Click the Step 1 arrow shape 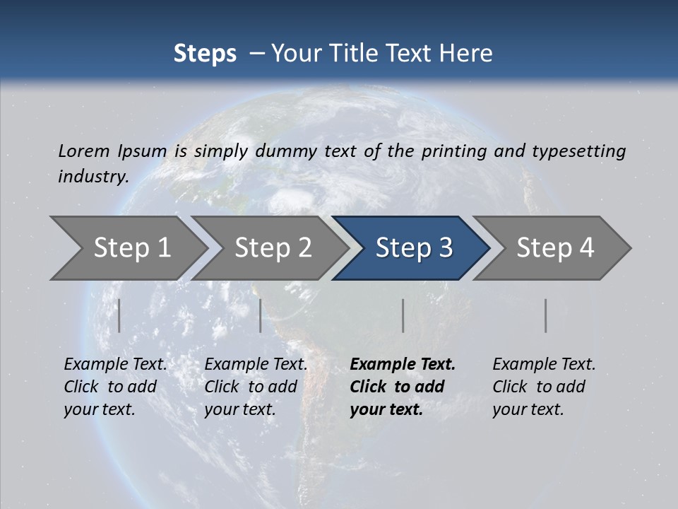pyautogui.click(x=131, y=248)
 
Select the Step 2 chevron pyautogui.click(x=272, y=248)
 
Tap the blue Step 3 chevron pyautogui.click(x=413, y=248)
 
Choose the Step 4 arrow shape pyautogui.click(x=554, y=248)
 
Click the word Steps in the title pyautogui.click(x=205, y=54)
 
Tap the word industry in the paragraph pyautogui.click(x=93, y=177)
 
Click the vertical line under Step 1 pyautogui.click(x=119, y=315)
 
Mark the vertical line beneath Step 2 pyautogui.click(x=261, y=315)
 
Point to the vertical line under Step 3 pyautogui.click(x=403, y=315)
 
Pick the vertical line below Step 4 pyautogui.click(x=546, y=315)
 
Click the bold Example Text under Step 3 pyautogui.click(x=403, y=365)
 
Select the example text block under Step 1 pyautogui.click(x=115, y=387)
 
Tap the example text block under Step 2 pyautogui.click(x=256, y=387)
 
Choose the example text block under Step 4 pyautogui.click(x=544, y=387)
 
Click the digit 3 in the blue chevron pyautogui.click(x=445, y=248)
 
